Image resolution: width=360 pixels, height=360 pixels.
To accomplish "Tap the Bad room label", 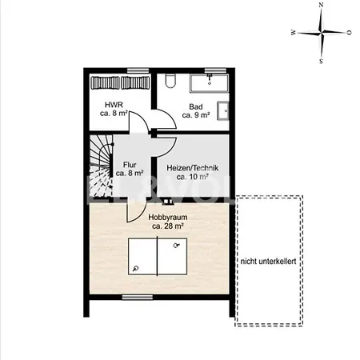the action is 196,106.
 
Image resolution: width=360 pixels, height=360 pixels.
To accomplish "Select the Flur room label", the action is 130,165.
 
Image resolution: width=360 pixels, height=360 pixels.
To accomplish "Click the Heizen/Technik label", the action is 193,168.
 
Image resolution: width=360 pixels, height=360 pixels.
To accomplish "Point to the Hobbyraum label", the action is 168,218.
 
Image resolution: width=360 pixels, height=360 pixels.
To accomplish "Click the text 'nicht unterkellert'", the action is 268,262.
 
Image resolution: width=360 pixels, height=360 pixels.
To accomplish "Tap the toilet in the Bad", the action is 170,81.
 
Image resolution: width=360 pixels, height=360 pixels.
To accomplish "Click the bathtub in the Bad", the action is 210,83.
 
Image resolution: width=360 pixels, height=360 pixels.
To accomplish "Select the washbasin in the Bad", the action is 223,110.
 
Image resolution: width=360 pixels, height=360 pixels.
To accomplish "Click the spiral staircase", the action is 101,166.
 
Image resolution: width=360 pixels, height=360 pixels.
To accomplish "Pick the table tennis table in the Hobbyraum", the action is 158,257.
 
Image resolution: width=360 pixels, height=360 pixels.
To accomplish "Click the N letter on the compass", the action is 321,5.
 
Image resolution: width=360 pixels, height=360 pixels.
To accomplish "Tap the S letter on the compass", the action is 321,62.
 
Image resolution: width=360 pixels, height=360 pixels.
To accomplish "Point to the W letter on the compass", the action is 294,33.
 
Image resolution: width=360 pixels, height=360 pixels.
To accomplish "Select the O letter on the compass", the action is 349,33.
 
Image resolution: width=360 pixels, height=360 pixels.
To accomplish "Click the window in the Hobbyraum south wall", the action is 138,297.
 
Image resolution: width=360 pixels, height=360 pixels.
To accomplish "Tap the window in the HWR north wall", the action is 138,70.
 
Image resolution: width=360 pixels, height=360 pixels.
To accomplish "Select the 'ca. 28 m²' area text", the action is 168,226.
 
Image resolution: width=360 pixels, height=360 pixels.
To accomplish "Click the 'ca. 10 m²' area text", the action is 193,177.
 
